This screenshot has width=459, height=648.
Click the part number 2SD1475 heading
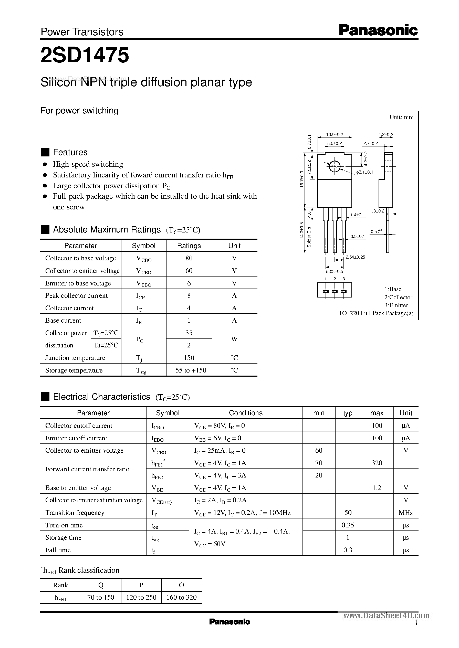click(x=85, y=55)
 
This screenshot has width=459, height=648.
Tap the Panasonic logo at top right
click(x=378, y=30)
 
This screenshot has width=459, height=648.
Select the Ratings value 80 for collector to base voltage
click(x=189, y=258)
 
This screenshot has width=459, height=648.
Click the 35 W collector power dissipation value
click(x=189, y=333)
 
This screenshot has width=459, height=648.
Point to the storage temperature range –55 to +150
click(x=189, y=370)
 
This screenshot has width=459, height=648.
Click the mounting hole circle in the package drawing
click(x=334, y=166)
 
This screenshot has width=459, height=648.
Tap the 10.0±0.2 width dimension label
click(x=334, y=134)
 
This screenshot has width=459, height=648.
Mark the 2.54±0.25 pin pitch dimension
click(x=355, y=257)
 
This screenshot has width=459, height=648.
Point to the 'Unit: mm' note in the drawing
click(x=401, y=117)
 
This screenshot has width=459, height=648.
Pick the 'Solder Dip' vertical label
click(x=309, y=237)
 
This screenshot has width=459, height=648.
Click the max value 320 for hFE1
click(x=377, y=463)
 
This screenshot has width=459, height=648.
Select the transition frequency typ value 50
click(x=348, y=512)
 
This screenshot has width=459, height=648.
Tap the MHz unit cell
click(x=405, y=512)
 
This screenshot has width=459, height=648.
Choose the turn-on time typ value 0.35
click(x=348, y=525)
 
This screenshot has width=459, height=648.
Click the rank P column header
click(x=141, y=585)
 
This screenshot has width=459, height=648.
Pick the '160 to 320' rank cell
click(x=181, y=597)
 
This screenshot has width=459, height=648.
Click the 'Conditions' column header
click(x=246, y=413)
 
